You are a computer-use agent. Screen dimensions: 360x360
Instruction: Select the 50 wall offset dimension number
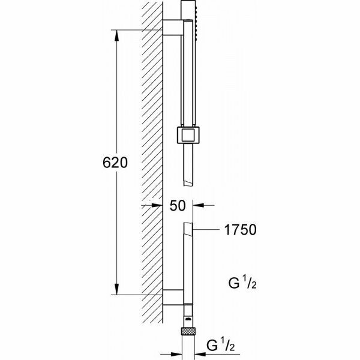click(x=177, y=206)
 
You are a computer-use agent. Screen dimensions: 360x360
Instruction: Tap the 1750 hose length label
click(x=240, y=229)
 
